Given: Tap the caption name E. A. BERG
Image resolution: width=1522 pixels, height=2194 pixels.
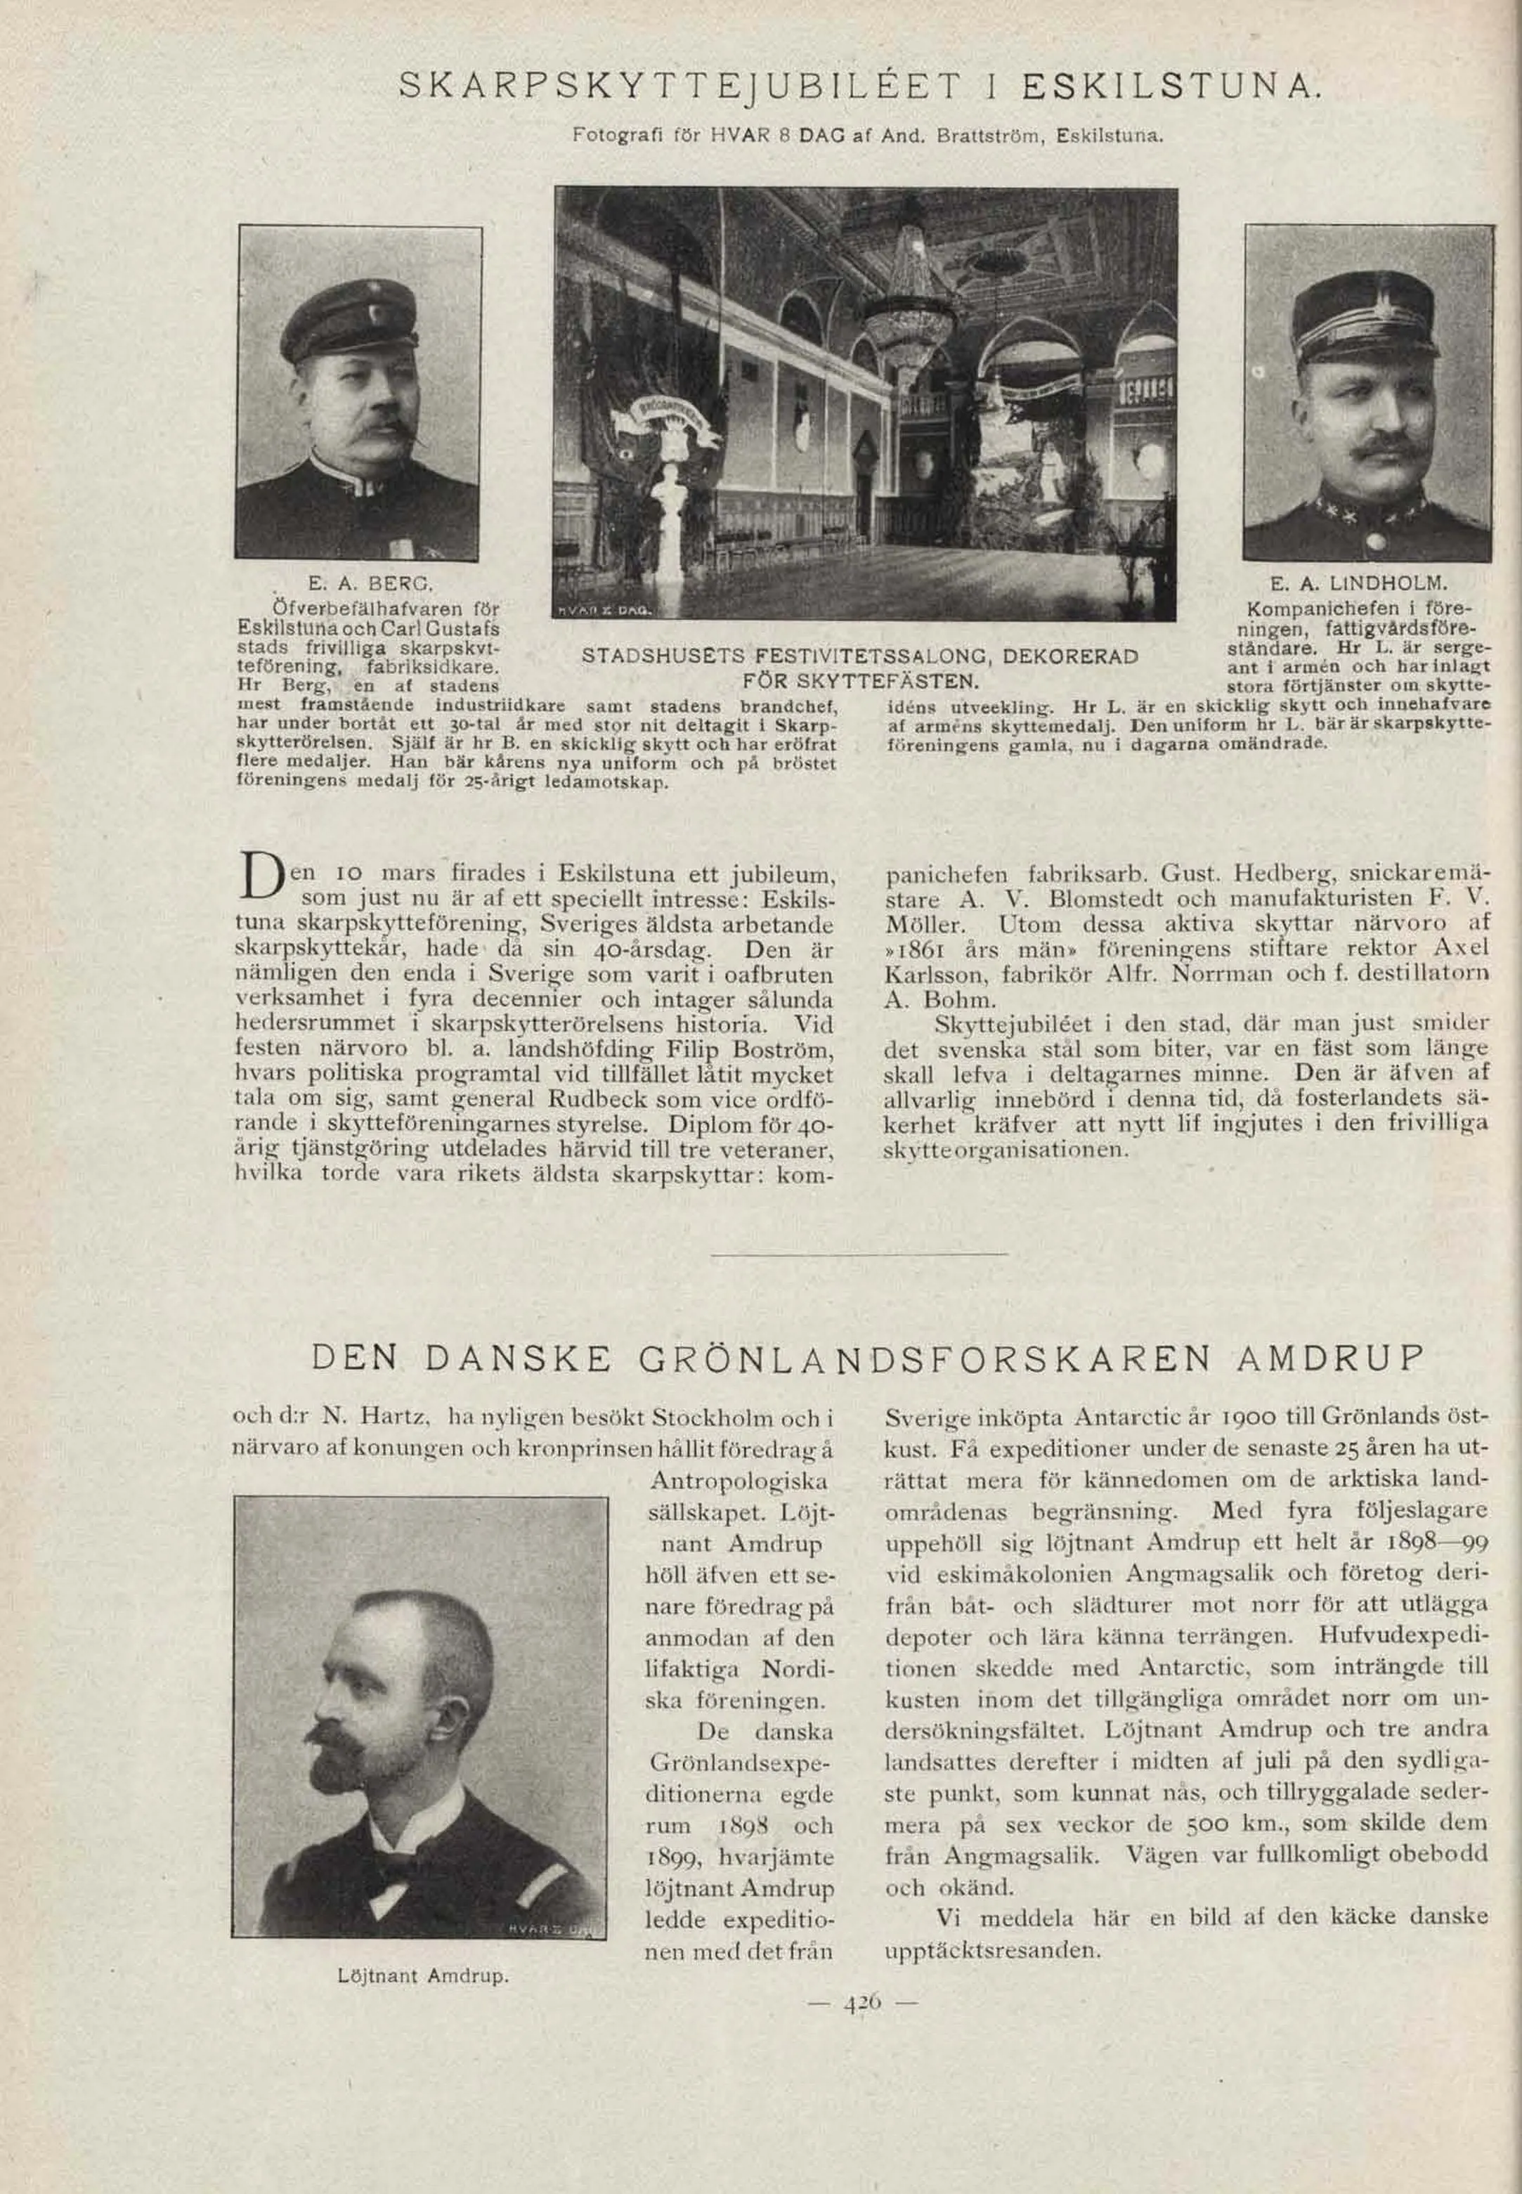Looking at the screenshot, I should (371, 582).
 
